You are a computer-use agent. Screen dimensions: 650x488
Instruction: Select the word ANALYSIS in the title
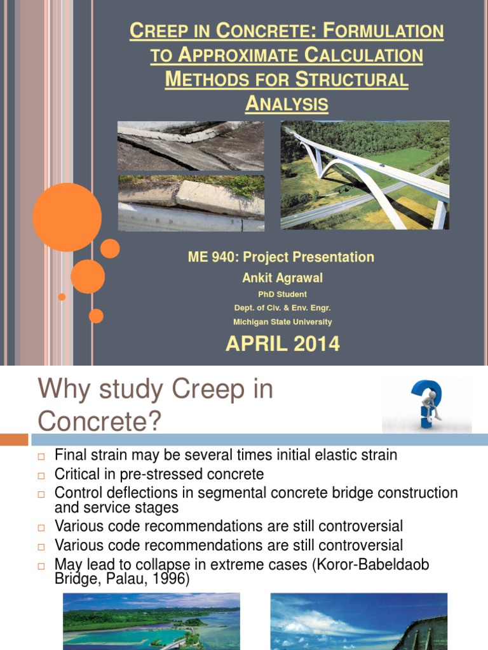[x=287, y=104]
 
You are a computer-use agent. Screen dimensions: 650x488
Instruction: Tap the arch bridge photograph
[x=365, y=175]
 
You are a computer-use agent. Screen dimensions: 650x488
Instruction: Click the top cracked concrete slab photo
[x=191, y=146]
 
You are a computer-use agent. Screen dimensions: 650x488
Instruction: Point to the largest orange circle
[x=67, y=217]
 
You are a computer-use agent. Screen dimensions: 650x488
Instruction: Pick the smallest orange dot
[x=62, y=296]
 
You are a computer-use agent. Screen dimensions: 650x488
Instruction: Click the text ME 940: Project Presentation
[x=281, y=257]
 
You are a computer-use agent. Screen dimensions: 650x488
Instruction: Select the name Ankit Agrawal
[x=282, y=277]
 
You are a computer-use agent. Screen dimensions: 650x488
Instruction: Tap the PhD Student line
[x=282, y=295]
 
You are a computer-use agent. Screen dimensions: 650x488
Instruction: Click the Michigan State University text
[x=282, y=322]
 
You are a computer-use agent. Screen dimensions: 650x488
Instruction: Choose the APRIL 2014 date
[x=282, y=344]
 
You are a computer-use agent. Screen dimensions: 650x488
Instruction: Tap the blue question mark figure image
[x=426, y=406]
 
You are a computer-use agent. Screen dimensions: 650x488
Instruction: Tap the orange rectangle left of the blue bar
[x=14, y=440]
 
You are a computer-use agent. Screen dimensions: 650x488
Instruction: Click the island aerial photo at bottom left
[x=151, y=621]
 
